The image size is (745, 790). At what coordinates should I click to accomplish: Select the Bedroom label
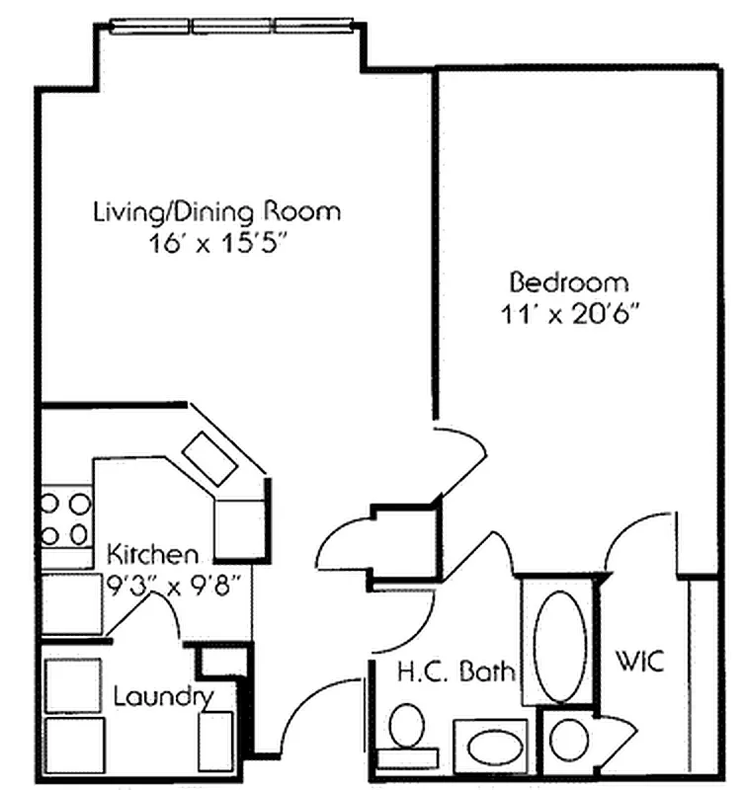tap(568, 281)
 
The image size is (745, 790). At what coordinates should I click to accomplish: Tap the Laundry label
tap(163, 695)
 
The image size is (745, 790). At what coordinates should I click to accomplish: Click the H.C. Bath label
tap(455, 673)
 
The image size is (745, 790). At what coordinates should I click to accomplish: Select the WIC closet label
tap(639, 660)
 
